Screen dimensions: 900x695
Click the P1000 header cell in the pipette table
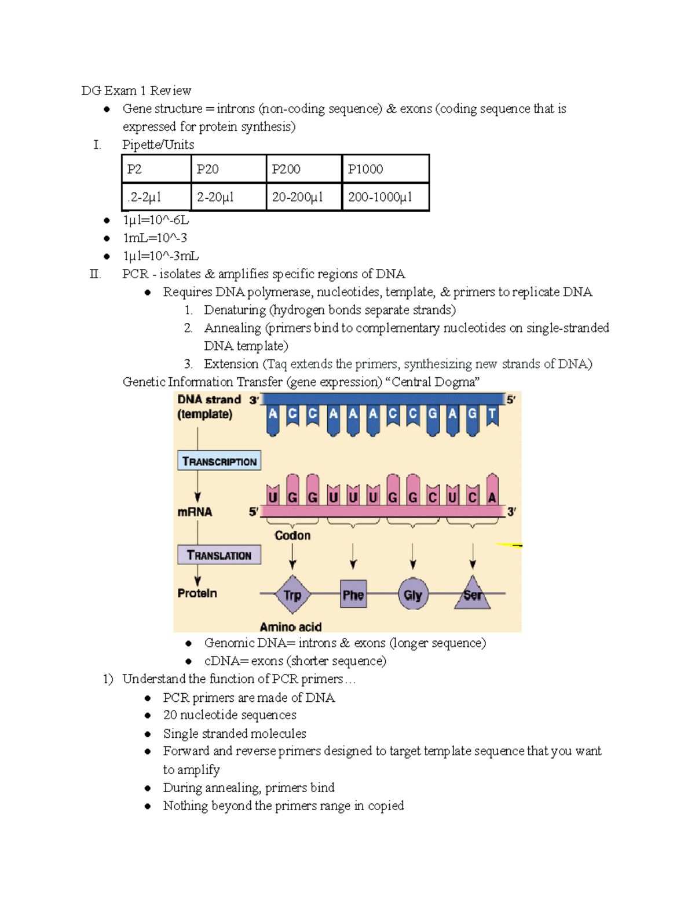tap(385, 169)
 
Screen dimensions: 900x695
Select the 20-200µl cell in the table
tap(303, 197)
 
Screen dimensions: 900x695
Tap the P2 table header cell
tap(156, 169)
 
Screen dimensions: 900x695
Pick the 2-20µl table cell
tap(228, 197)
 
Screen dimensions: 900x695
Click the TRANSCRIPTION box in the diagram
tap(219, 461)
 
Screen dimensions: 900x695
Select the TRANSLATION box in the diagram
tap(219, 555)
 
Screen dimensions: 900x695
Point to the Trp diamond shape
tap(292, 595)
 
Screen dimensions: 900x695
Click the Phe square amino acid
tap(353, 595)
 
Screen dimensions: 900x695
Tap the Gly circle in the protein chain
tap(413, 595)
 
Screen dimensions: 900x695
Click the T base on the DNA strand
tap(492, 414)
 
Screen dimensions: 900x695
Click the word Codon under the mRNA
tap(292, 535)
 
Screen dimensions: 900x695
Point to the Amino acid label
tap(290, 626)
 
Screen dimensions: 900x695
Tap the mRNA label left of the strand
tap(195, 512)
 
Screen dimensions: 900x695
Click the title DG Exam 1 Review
tap(136, 90)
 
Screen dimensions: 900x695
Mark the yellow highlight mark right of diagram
tap(510, 545)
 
